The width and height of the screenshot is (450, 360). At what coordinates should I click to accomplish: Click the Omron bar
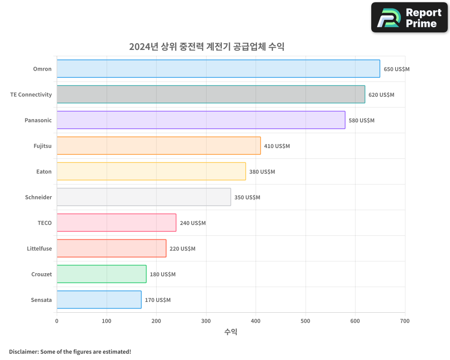pos(218,69)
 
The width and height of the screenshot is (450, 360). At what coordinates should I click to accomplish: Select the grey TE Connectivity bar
pos(211,94)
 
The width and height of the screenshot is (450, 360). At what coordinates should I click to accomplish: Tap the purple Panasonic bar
pos(201,120)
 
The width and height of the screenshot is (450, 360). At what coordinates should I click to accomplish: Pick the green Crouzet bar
pos(101,274)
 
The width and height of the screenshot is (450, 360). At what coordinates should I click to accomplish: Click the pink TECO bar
pos(116,223)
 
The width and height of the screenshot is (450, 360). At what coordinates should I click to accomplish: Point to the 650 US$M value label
pos(396,69)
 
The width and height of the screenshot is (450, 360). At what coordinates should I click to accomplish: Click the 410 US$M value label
pos(277,146)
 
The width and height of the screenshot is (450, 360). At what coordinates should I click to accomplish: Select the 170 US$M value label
pos(157,300)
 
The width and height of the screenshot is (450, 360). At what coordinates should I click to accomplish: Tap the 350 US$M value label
pos(247,198)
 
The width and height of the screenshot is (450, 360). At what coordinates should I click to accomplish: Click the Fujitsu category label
pos(42,146)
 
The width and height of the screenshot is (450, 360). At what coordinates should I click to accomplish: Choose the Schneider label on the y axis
pos(38,197)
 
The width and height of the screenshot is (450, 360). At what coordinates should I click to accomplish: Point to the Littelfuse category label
pos(39,248)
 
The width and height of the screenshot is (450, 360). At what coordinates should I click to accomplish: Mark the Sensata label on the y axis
pos(41,300)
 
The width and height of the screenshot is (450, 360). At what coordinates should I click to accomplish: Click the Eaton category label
pos(44,171)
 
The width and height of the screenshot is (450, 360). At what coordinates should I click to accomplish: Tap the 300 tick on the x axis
pos(206,321)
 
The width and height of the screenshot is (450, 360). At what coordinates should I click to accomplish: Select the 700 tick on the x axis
pos(405,321)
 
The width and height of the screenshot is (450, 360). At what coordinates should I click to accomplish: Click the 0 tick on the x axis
pos(57,321)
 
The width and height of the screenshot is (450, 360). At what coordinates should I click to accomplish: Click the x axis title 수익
pos(230,332)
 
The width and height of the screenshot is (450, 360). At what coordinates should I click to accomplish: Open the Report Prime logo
pos(409,18)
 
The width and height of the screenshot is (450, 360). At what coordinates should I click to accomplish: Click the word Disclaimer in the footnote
pos(23,351)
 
